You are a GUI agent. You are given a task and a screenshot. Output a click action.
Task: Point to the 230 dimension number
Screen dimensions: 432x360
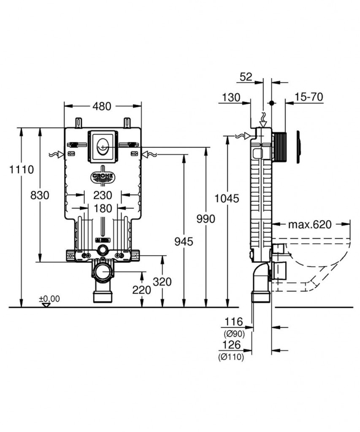103,195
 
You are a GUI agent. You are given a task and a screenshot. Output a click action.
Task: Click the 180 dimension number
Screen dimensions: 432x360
103,208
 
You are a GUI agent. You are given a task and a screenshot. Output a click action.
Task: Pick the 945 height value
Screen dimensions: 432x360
184,241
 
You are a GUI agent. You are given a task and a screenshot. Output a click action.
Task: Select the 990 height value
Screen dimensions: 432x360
206,219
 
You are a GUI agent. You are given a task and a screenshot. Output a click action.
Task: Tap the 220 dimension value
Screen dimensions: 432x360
142,290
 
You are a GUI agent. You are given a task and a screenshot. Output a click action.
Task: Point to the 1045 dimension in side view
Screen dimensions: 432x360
227,198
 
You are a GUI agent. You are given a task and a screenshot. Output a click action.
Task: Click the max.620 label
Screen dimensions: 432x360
310,224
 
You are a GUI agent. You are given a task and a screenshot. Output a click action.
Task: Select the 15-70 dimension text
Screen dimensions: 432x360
309,97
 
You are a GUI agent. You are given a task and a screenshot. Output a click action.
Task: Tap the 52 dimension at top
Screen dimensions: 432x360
246,77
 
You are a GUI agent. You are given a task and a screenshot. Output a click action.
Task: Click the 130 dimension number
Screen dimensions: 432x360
230,97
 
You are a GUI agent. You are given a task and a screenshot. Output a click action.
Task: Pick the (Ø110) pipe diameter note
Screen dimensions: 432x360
231,357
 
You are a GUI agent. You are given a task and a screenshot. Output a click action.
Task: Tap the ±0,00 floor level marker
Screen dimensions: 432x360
49,299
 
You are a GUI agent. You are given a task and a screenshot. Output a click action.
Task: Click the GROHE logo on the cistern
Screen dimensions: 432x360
102,177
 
